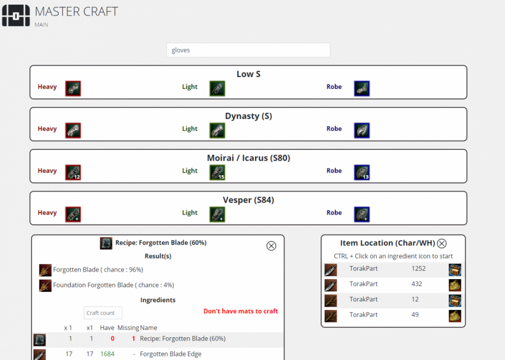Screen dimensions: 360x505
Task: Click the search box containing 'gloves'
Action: tap(248, 50)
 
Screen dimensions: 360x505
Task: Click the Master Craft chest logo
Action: tap(16, 16)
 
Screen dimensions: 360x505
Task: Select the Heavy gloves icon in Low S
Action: tap(73, 88)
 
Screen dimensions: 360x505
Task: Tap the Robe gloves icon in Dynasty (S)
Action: tap(362, 130)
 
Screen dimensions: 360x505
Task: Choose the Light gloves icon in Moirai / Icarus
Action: tap(217, 172)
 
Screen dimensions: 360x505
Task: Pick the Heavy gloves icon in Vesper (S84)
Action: tap(73, 214)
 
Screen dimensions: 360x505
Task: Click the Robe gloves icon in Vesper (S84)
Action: tap(362, 214)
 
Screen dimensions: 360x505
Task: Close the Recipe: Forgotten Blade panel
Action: tap(271, 246)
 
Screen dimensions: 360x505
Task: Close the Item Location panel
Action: tap(441, 243)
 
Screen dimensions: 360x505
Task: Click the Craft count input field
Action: tap(103, 313)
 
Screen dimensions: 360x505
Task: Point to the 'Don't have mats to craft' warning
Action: tap(240, 311)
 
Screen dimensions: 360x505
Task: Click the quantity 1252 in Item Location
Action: tap(419, 269)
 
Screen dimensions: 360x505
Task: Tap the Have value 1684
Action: tap(107, 354)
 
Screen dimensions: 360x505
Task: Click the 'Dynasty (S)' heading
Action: tap(248, 116)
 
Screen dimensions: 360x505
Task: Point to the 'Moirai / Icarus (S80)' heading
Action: tap(248, 158)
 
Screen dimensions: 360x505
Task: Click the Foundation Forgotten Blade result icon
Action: tap(45, 286)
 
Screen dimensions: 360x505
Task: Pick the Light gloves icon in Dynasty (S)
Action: tap(217, 130)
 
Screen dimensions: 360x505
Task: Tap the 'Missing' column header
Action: tap(128, 328)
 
